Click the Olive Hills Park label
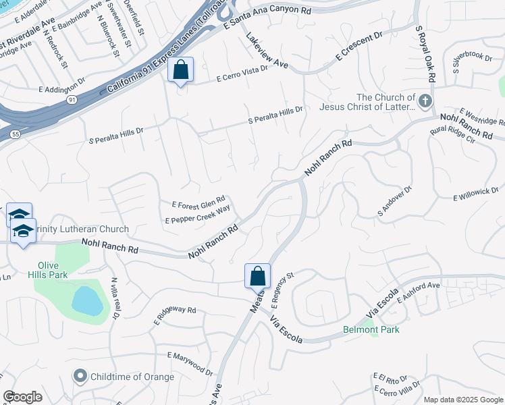(x=48, y=269)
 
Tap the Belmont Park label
(x=371, y=329)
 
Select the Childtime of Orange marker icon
(x=80, y=376)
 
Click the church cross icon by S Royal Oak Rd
(x=425, y=102)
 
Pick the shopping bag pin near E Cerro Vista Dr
(x=180, y=70)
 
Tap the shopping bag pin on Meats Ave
(x=257, y=276)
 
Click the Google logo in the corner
(x=23, y=396)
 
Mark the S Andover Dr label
(x=394, y=202)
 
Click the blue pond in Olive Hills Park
(x=87, y=300)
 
